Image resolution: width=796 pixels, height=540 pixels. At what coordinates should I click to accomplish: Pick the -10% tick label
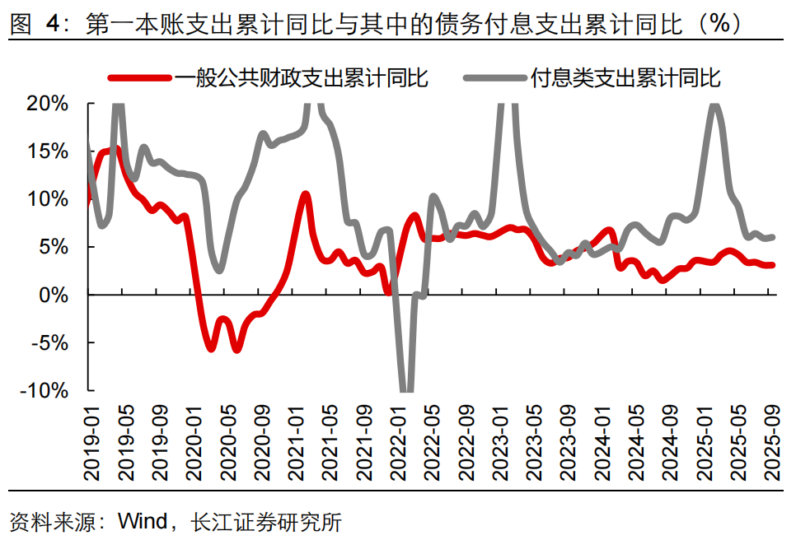47,390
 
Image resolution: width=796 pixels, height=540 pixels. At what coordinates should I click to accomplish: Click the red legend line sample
140,78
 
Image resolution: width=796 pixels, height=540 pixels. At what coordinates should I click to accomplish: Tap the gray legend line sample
495,78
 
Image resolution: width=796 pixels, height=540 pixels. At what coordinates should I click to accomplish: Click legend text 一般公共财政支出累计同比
301,78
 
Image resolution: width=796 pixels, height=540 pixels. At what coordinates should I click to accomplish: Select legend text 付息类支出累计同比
626,78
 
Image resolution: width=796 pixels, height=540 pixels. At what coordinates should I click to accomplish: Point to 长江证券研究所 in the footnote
265,522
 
